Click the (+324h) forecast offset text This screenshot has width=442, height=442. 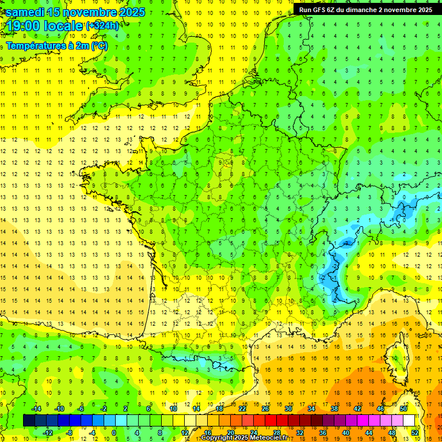pyautogui.click(x=102, y=26)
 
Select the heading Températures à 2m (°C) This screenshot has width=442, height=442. pyautogui.click(x=56, y=46)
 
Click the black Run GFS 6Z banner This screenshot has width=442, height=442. pyautogui.click(x=365, y=10)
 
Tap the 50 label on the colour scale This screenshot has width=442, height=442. pyautogui.click(x=403, y=409)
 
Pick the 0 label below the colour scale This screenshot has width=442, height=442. pyautogui.click(x=114, y=432)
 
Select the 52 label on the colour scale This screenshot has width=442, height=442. pyautogui.click(x=415, y=432)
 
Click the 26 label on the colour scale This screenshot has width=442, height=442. pyautogui.click(x=265, y=409)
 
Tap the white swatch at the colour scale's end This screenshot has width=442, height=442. pyautogui.click(x=409, y=421)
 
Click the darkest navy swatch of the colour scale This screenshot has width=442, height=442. pyautogui.click(x=29, y=421)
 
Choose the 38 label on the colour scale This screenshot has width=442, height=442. pyautogui.click(x=334, y=409)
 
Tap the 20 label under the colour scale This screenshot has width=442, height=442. pyautogui.click(x=231, y=432)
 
